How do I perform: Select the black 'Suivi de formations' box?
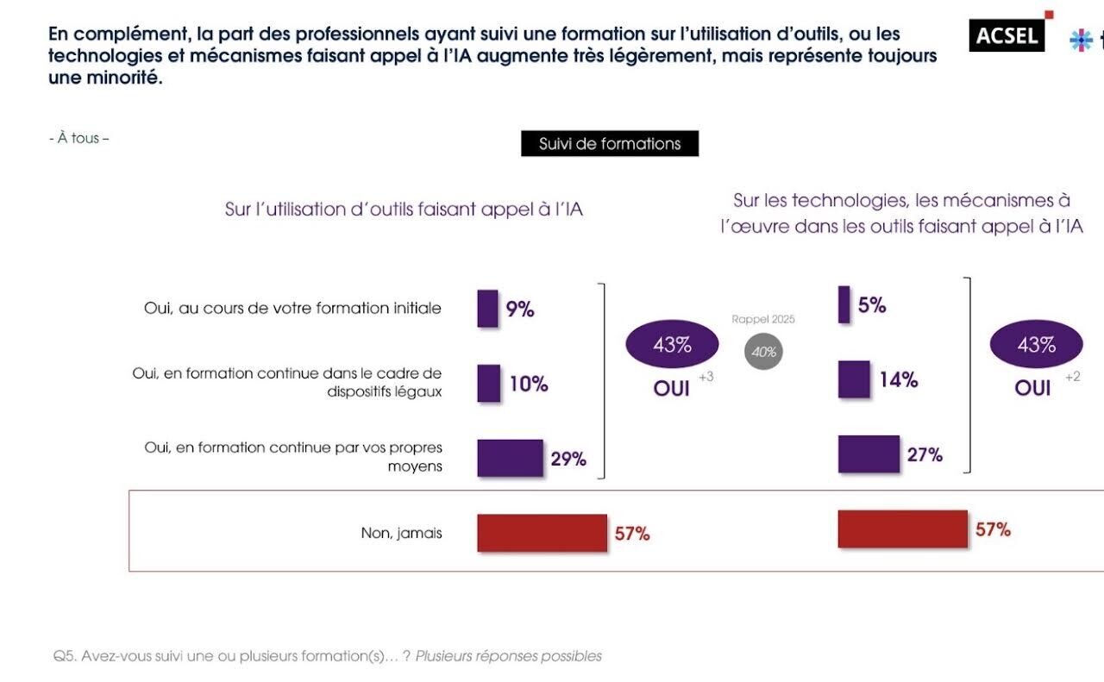point(610,143)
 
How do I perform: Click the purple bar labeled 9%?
point(487,309)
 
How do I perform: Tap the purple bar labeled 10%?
point(488,384)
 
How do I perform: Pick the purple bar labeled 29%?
point(510,458)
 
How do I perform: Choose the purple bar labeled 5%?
point(844,304)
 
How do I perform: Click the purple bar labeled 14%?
point(854,379)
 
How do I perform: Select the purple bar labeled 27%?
point(869,454)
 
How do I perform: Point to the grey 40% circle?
point(763,352)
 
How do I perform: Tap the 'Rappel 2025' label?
point(763,319)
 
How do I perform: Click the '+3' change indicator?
point(706,377)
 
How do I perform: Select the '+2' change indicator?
point(1072,377)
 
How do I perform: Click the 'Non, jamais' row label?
point(401,533)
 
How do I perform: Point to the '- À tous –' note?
point(78,138)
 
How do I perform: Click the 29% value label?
point(568,459)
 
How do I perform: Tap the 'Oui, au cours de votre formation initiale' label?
point(292,308)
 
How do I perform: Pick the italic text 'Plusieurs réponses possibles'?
point(508,656)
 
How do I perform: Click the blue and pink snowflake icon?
point(1081,40)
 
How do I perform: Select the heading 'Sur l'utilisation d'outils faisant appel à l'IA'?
point(404,209)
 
